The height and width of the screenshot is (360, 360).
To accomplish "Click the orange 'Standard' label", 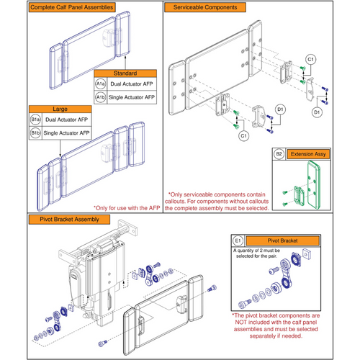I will pos(125,73).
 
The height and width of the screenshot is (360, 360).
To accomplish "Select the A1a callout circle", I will pos(101,84).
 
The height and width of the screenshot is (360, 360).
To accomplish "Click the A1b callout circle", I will pos(101,96).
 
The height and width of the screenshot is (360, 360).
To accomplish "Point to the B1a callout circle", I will pos(35,121).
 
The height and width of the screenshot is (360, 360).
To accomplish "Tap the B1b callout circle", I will pos(35,133).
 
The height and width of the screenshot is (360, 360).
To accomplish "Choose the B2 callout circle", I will pos(279,153).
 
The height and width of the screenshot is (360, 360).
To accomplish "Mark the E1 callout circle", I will pos(239,239).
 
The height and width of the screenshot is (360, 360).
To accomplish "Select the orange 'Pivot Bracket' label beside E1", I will pos(284,239).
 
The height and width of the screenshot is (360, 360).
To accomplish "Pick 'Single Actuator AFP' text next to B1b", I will pos(67,133).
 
